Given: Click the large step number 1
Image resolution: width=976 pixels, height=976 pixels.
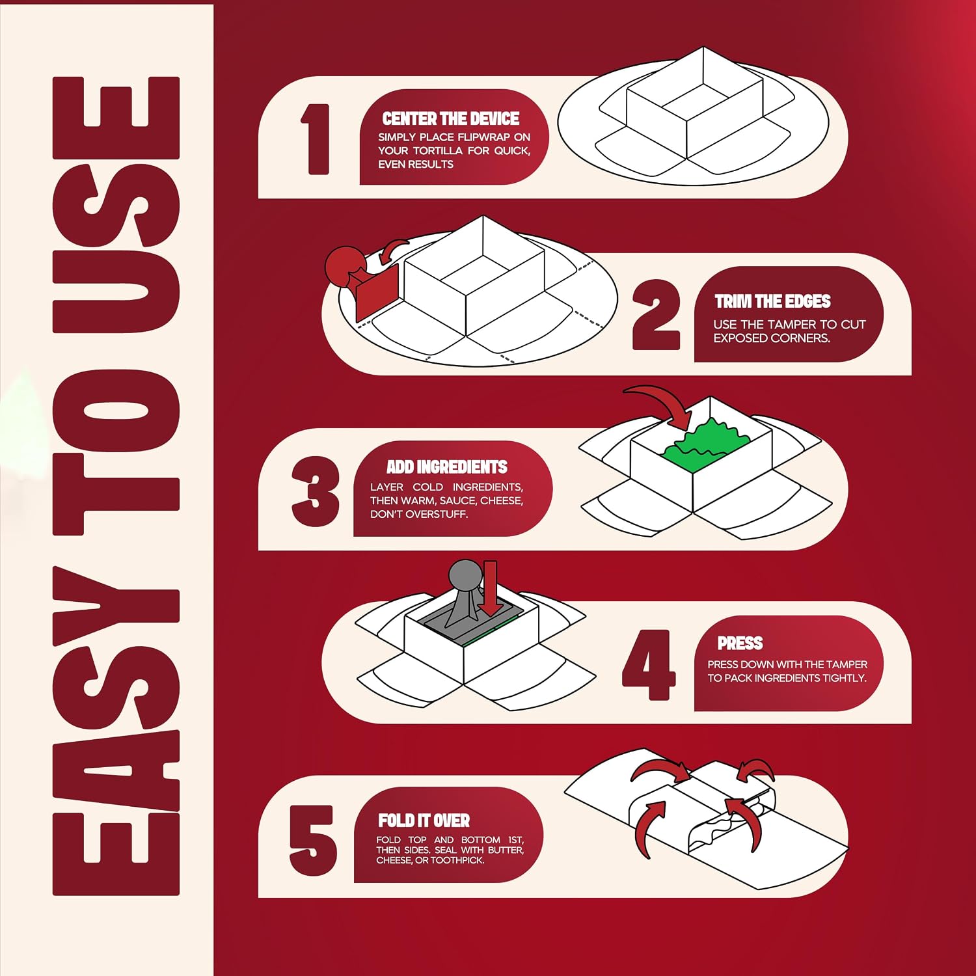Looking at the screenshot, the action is pos(317,139).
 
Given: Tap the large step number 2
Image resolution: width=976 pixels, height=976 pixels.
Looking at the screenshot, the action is pos(656,315).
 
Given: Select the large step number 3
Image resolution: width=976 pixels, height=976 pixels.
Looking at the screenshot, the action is pos(316,491).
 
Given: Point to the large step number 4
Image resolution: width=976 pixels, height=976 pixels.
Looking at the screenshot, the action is pos(649,664).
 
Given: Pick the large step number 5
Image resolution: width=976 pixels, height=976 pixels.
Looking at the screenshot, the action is pos(313,840).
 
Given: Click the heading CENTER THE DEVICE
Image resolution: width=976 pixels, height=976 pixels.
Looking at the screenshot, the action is pos(450,118).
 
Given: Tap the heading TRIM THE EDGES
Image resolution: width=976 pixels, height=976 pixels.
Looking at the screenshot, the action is pos(772,301).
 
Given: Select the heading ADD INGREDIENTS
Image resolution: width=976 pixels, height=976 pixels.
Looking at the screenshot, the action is pos(446,467).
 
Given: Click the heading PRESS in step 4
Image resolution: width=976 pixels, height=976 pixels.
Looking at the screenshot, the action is pos(740,643).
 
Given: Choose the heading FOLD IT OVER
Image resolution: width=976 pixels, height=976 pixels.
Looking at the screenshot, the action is pos(424,820).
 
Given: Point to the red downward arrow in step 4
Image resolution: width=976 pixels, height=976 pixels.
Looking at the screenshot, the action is pos(490,588).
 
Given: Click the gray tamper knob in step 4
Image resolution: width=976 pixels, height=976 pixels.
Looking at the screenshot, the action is pos(466,576).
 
